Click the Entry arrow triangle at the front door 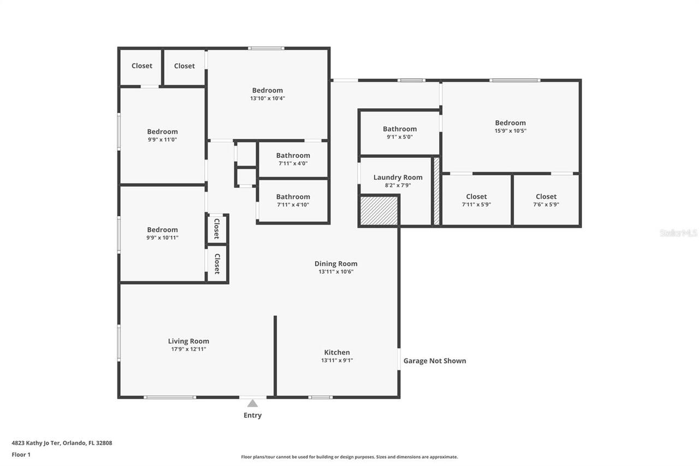click(x=252, y=404)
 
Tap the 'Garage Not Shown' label click(x=434, y=361)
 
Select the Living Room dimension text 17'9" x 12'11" click(x=188, y=349)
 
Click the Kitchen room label click(x=337, y=352)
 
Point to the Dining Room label click(x=336, y=263)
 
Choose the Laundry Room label click(x=398, y=177)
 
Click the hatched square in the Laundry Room click(x=378, y=211)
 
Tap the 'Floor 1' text click(x=21, y=454)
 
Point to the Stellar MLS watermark click(x=678, y=233)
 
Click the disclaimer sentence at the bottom click(x=349, y=457)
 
